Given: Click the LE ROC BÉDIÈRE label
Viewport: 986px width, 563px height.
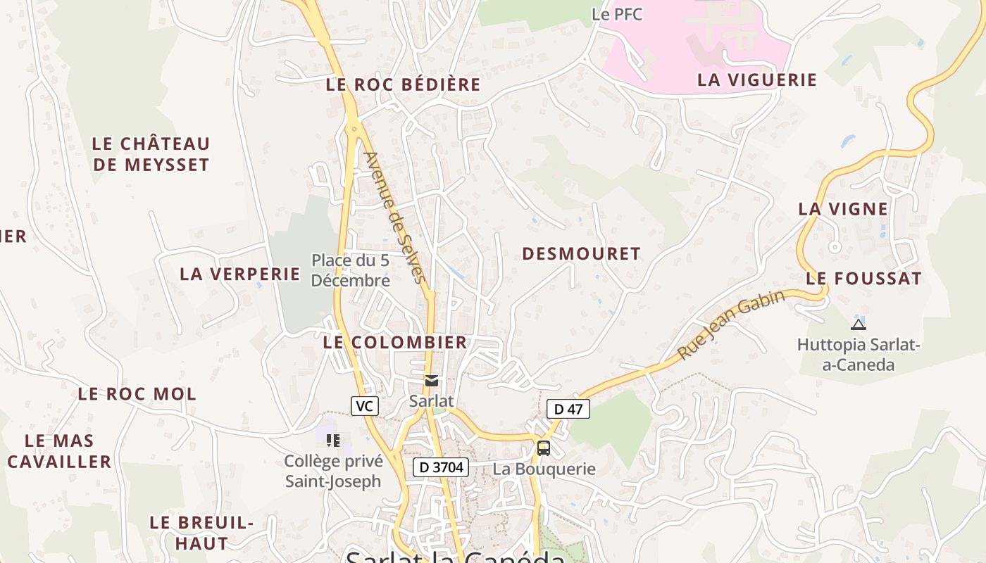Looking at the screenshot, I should point(403,85).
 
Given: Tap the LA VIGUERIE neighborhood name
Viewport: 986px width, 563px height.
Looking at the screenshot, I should point(757,80).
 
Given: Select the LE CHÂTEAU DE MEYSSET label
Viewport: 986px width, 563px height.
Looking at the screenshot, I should point(151,154).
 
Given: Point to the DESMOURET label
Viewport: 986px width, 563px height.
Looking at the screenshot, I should point(581,254).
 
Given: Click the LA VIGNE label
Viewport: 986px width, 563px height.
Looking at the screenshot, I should point(843,209).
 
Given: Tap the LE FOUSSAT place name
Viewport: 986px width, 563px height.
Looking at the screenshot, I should point(863,279).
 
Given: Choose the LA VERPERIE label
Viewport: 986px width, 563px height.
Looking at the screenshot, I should point(240,274).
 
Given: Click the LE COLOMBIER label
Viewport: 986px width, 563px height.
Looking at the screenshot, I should point(395,343).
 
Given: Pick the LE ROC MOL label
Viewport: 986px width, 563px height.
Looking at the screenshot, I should point(137,394).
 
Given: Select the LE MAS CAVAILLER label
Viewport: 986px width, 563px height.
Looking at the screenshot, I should point(59,451).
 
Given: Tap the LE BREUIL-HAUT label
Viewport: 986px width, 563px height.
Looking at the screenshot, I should point(201,533).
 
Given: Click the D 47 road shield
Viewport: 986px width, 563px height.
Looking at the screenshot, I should point(568,409).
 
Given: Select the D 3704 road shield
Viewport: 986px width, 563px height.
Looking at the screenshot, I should point(441,467).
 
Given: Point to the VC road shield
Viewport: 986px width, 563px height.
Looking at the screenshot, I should point(364,406).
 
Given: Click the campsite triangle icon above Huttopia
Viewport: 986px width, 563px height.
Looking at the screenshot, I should point(858,324).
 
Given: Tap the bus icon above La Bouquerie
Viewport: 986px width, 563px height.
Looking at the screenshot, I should point(544,448).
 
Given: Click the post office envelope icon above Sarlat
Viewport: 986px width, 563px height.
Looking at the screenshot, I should point(432,381).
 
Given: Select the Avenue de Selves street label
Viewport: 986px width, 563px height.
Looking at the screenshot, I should point(396,218).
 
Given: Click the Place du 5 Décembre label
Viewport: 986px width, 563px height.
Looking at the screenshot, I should point(351,270).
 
